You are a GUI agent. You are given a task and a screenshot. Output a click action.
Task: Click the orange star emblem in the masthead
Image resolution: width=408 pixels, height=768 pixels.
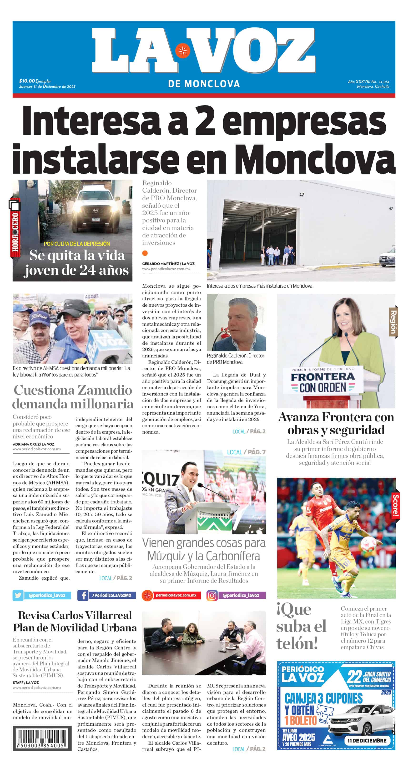[x=182, y=51]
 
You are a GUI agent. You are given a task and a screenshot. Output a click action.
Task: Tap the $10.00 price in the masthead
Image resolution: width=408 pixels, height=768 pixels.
[x=27, y=81]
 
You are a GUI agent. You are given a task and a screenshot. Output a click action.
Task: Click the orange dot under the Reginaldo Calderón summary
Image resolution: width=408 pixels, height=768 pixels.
[x=145, y=253]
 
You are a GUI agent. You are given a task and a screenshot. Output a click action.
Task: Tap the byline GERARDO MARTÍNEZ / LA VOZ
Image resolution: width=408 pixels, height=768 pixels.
[x=168, y=264]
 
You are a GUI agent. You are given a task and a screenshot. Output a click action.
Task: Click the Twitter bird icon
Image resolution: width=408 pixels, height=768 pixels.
[x=18, y=595]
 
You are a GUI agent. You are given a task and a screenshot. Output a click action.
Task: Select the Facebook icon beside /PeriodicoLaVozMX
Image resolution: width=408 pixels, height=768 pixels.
[x=83, y=595]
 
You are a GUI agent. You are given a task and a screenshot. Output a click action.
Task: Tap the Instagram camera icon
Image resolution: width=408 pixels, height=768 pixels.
[x=212, y=595]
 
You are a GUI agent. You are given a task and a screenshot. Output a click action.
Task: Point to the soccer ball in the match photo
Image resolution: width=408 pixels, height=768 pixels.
[x=369, y=545]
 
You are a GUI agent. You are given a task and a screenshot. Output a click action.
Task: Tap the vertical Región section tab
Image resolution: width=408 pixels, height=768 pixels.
[x=393, y=322]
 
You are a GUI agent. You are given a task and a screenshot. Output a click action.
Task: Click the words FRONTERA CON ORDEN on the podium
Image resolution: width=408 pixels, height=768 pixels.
[x=323, y=382]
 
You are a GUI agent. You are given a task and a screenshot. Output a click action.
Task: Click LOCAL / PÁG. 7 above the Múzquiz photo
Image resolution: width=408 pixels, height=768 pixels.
[x=246, y=452]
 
